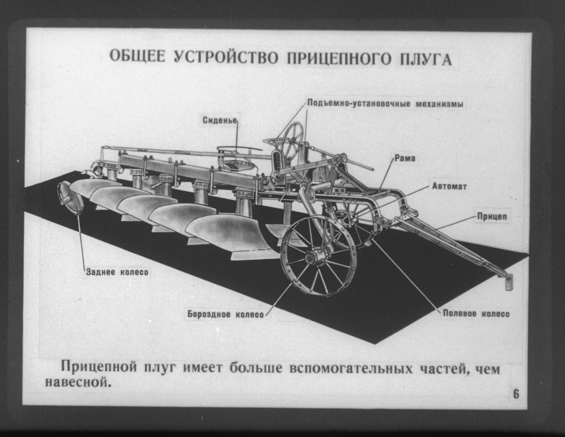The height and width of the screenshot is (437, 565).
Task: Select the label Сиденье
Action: coord(220,120)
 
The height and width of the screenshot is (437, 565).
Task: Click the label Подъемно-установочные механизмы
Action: coord(385,103)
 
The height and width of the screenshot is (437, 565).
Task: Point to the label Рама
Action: coord(405,158)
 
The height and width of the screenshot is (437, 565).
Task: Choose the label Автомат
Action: coord(449,186)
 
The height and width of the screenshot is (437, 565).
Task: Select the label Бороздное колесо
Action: coord(226,314)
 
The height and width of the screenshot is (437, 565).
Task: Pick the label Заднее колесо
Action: coord(117,272)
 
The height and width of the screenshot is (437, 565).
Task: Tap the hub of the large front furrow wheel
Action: coord(311,258)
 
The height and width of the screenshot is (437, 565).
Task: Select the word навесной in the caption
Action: coord(76,382)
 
